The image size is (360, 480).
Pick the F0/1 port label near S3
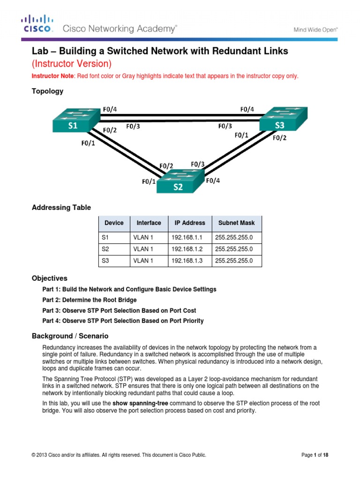pyautogui.click(x=242, y=135)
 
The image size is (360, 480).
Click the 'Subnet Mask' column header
pyautogui.click(x=236, y=223)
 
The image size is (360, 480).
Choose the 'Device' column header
pyautogui.click(x=114, y=223)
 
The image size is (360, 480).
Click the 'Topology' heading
pyautogui.click(x=47, y=91)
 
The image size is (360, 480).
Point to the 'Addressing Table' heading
pyautogui.click(x=61, y=208)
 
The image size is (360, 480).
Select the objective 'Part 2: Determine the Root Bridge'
pyautogui.click(x=90, y=300)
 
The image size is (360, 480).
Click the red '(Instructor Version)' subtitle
pyautogui.click(x=71, y=63)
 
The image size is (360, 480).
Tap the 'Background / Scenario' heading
pyautogui.click(x=70, y=336)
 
